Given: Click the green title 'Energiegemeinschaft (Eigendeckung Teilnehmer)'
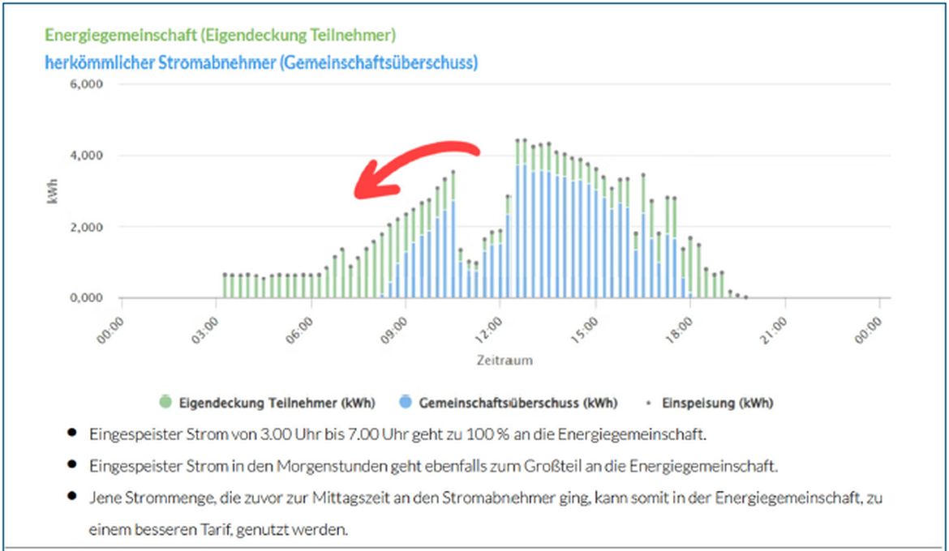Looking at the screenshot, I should pos(220,36).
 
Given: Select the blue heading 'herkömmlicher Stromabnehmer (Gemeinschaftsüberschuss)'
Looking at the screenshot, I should pos(261,62).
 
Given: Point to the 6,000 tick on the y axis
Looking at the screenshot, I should pos(86,84).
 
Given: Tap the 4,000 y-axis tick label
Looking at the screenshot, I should pos(86,156).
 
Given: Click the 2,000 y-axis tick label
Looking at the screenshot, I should pos(86,227).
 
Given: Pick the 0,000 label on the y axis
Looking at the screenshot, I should pos(86,298).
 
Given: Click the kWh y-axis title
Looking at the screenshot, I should pos(54,191).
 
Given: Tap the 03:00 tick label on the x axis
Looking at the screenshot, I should pos(205,330).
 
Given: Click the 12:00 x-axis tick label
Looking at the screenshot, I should pos(489,330).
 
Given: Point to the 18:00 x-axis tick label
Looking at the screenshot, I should pos(679,330).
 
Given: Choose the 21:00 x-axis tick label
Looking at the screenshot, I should pos(774,330).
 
